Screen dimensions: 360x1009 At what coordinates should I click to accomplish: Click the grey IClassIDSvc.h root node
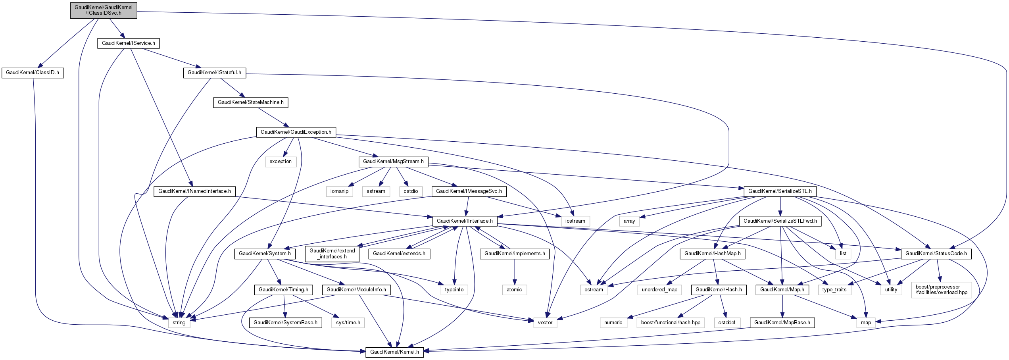click(x=104, y=10)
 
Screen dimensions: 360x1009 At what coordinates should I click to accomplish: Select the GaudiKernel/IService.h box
click(x=129, y=43)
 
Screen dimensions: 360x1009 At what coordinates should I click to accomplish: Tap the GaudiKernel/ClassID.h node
click(x=33, y=73)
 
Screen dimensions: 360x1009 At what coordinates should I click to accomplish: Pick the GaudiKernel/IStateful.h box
click(x=214, y=73)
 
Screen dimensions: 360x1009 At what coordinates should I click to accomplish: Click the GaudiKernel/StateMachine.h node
click(x=251, y=102)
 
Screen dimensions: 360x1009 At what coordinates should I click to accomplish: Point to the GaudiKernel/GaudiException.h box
click(x=296, y=132)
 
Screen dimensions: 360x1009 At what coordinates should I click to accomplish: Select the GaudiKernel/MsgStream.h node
click(x=393, y=162)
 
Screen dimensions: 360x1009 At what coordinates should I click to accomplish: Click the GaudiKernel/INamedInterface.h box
click(x=194, y=191)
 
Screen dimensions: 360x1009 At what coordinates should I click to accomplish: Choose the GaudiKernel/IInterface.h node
click(x=465, y=221)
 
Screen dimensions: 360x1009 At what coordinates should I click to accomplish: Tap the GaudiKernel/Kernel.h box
click(x=394, y=352)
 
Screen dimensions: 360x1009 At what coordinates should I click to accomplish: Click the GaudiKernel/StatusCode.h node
click(x=936, y=254)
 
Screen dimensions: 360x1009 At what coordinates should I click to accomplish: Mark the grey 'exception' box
click(x=281, y=162)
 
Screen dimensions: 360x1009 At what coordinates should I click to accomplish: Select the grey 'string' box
click(x=179, y=323)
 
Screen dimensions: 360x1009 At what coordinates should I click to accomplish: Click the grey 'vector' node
click(x=545, y=323)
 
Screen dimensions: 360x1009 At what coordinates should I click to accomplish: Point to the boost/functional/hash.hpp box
click(x=671, y=323)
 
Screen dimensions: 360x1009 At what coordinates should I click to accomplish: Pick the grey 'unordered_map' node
click(x=659, y=290)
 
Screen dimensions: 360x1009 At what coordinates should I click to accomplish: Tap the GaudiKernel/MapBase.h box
click(x=782, y=323)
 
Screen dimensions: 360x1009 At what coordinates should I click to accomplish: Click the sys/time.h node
click(x=348, y=323)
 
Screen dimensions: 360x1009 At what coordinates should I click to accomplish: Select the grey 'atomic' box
click(x=514, y=290)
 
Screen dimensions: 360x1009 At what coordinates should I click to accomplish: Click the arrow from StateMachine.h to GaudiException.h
click(x=272, y=117)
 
